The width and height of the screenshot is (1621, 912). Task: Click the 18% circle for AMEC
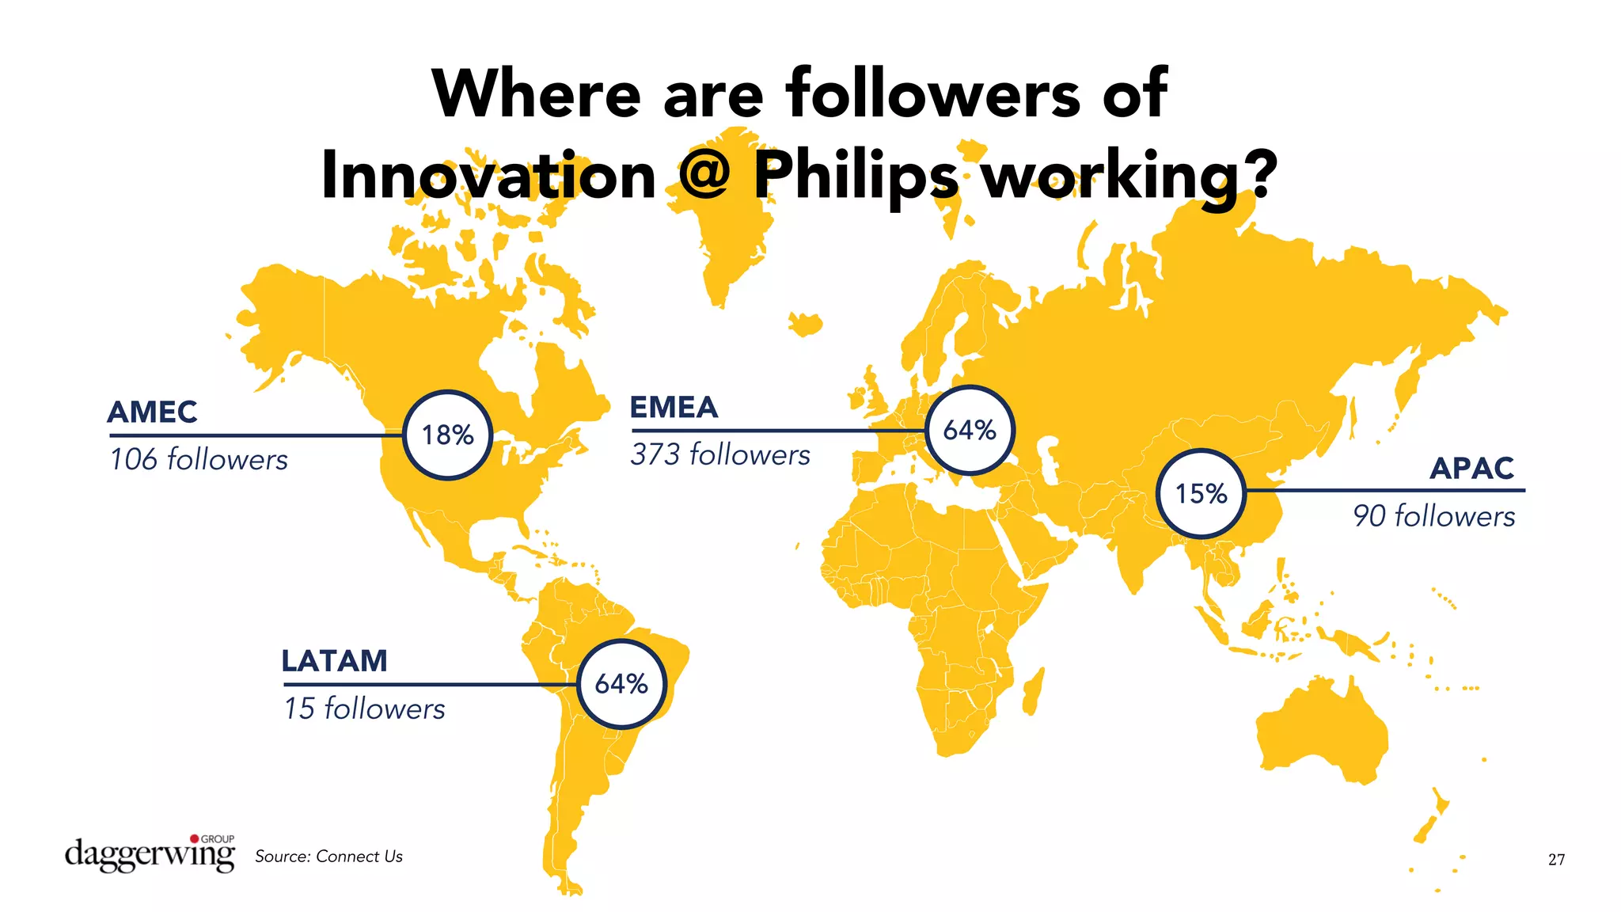click(448, 435)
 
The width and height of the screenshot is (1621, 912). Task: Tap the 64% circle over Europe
click(970, 430)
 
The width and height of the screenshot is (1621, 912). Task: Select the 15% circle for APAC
click(1201, 493)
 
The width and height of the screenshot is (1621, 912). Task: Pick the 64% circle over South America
click(621, 683)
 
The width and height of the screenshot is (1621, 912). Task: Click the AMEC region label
click(152, 412)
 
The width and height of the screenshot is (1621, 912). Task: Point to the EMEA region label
click(674, 408)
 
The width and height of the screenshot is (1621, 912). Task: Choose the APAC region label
click(1471, 469)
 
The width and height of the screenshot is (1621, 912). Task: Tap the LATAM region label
click(334, 661)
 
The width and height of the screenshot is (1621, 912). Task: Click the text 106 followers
click(199, 460)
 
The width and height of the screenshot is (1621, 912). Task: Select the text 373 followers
click(720, 455)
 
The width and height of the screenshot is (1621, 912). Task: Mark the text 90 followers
click(1433, 516)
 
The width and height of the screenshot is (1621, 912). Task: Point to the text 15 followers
click(364, 709)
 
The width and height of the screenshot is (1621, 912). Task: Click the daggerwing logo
click(150, 853)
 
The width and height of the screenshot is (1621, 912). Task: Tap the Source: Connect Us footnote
click(328, 857)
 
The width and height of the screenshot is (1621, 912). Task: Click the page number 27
click(1556, 860)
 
